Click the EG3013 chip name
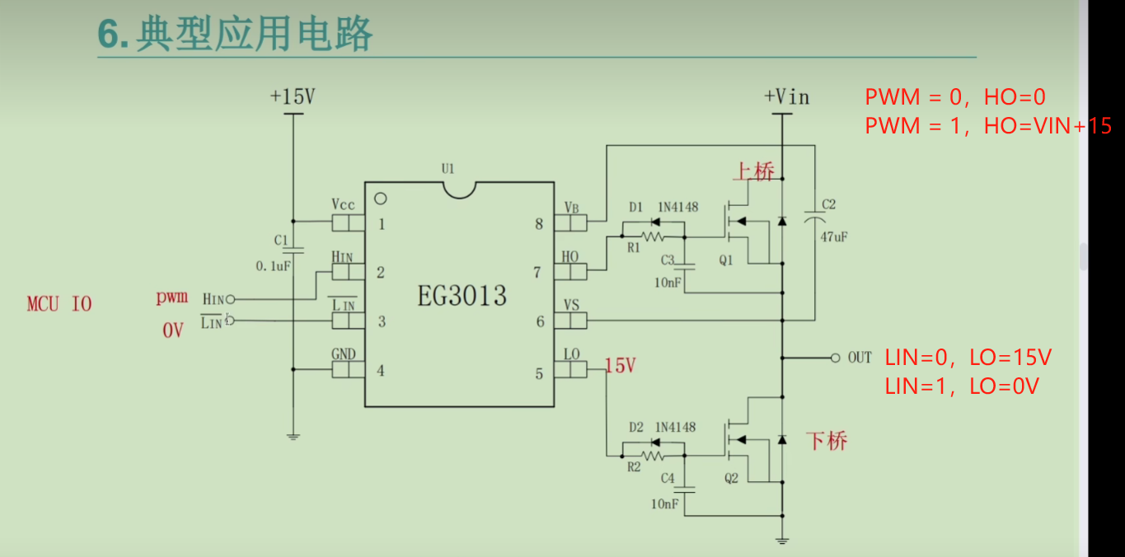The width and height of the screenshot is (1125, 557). click(x=462, y=295)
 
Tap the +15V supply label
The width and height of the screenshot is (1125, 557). click(x=292, y=97)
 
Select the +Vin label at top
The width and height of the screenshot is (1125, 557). click(x=786, y=97)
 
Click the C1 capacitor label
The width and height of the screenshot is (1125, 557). click(x=281, y=241)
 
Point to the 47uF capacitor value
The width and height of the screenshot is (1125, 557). click(x=834, y=236)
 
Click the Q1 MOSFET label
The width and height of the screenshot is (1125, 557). click(x=725, y=260)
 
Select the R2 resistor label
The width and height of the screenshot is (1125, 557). click(x=634, y=467)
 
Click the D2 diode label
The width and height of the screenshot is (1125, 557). click(x=635, y=428)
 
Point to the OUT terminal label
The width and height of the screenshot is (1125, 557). click(x=860, y=358)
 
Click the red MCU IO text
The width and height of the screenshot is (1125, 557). click(x=59, y=304)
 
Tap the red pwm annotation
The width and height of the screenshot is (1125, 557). click(x=172, y=297)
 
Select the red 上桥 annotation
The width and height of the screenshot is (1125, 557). click(x=753, y=172)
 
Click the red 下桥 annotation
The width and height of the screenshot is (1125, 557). click(x=827, y=441)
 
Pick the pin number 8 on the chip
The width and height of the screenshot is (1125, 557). click(x=539, y=223)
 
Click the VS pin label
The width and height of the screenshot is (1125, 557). click(x=571, y=305)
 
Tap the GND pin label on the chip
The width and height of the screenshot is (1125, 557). click(x=344, y=354)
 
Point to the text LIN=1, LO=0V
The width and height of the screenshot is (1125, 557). click(x=962, y=386)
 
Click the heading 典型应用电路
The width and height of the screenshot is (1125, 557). click(x=255, y=34)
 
